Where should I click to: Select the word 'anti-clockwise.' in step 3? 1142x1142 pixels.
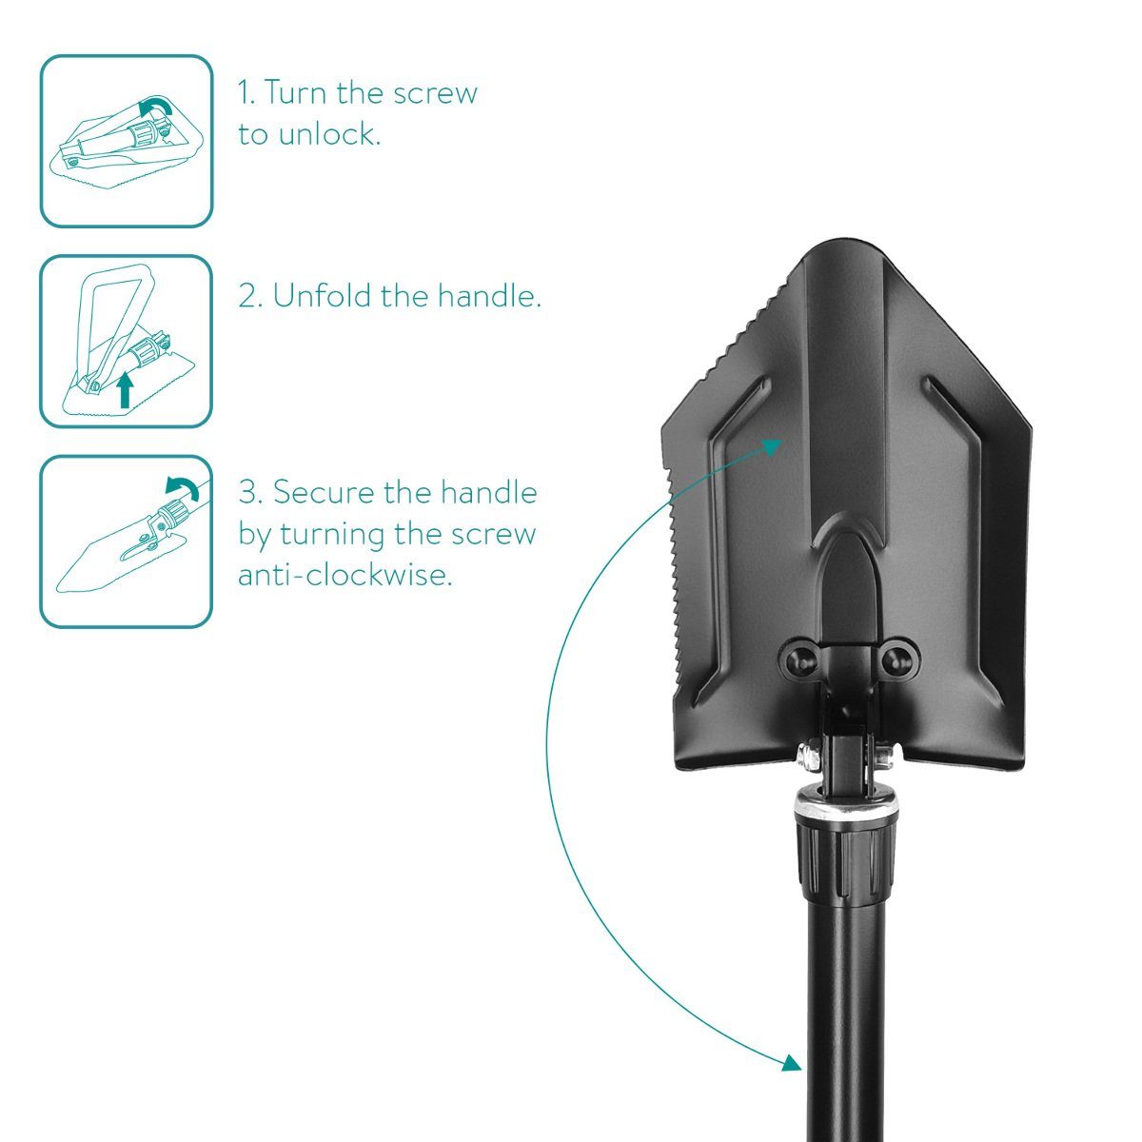click(345, 574)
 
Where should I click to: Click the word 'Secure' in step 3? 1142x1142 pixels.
click(323, 493)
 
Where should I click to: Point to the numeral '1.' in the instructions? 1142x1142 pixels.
click(247, 93)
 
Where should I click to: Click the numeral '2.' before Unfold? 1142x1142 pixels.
click(250, 296)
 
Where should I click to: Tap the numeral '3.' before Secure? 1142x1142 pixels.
click(251, 493)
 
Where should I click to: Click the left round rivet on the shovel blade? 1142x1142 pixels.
click(802, 658)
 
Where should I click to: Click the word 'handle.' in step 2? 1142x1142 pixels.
click(489, 296)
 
